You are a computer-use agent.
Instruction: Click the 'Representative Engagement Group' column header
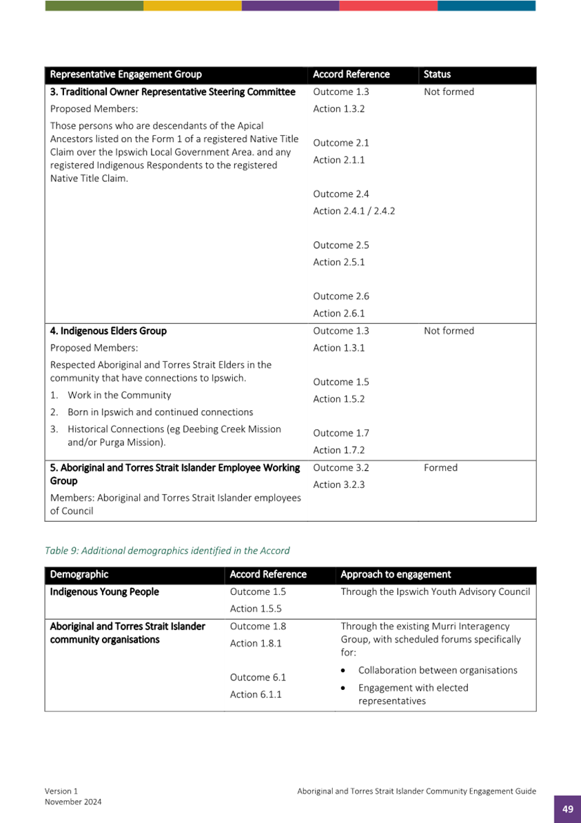tap(126, 74)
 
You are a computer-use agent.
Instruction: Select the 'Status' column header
tap(437, 74)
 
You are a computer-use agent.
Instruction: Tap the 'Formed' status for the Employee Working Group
tap(440, 468)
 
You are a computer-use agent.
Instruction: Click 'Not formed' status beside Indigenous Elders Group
tap(449, 331)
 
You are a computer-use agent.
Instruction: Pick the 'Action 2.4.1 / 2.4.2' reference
tap(354, 211)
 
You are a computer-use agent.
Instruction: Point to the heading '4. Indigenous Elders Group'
tap(108, 331)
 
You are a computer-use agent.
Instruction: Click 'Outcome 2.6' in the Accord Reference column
tap(341, 296)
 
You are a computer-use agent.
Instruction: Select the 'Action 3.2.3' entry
tap(338, 485)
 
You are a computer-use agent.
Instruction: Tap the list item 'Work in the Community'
tap(119, 396)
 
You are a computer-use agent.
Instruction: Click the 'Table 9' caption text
tap(167, 551)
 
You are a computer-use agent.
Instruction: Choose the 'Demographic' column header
tap(79, 574)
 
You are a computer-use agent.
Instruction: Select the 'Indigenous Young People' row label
tap(105, 592)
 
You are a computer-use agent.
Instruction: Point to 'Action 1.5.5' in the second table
tap(256, 609)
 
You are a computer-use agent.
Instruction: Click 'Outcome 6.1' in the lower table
tap(258, 678)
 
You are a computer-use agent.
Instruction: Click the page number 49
tap(567, 809)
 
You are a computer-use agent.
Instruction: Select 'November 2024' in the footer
tap(74, 802)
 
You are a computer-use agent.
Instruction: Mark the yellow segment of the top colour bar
tap(192, 6)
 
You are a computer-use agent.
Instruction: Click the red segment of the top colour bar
tap(388, 6)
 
